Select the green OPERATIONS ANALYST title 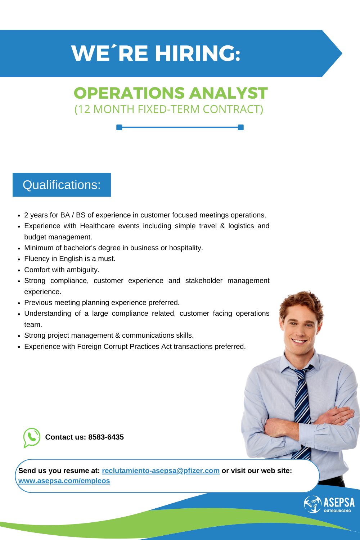171,93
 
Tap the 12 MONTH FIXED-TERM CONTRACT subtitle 169,109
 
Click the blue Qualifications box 62,185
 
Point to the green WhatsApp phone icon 32,437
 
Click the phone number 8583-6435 106,437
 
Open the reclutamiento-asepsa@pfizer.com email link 161,471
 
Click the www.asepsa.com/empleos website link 64,481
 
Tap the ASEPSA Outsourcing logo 329,504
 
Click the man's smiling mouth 299,341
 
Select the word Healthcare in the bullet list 98,226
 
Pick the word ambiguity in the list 83,270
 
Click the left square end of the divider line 119,127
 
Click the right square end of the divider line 240,127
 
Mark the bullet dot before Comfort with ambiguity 19,270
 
